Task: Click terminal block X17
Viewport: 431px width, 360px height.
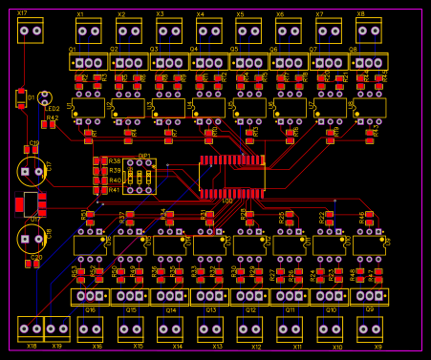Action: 31,31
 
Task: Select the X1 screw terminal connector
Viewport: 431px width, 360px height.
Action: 89,32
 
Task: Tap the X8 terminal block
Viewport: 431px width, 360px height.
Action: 369,32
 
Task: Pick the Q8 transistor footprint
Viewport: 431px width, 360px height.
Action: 369,62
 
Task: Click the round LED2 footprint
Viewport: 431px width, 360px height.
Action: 44,97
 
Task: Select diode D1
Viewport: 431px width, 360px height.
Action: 21,97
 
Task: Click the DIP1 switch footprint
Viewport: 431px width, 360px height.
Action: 140,177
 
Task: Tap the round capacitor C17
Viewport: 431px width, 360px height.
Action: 31,172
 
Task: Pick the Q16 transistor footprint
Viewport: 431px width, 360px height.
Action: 90,297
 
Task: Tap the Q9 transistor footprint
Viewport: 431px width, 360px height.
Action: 369,297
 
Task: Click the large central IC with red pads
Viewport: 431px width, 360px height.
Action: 231,176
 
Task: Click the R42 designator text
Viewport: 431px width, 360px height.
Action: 52,117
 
